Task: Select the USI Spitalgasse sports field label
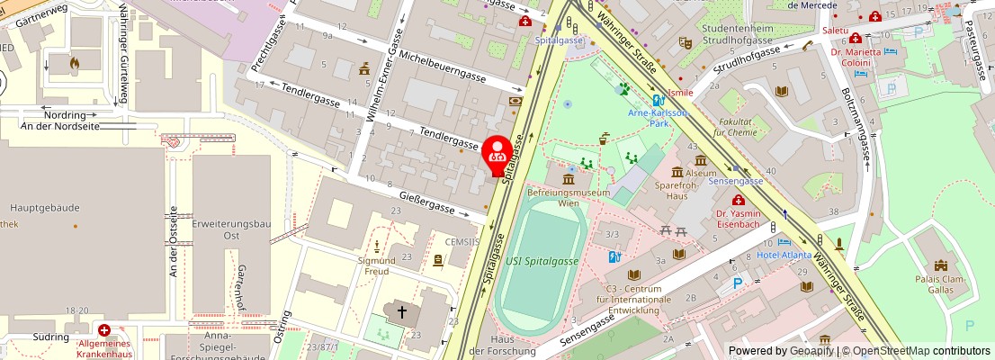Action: coord(543,260)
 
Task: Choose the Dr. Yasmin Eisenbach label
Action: coord(738,220)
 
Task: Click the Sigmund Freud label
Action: coord(377,265)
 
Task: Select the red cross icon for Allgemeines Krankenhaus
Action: coord(105,331)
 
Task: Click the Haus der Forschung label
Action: coord(504,345)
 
